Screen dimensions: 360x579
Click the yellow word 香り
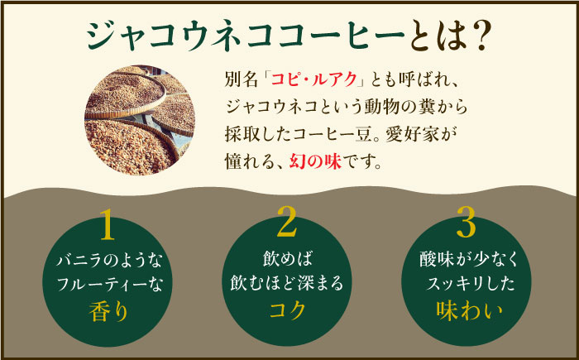(110, 310)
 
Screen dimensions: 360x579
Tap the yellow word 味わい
(468, 310)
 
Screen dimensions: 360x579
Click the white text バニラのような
(110, 262)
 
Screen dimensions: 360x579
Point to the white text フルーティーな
(110, 285)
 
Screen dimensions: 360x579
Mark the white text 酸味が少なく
(468, 262)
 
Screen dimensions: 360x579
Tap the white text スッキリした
(468, 285)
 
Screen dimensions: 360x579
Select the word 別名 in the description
(238, 82)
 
